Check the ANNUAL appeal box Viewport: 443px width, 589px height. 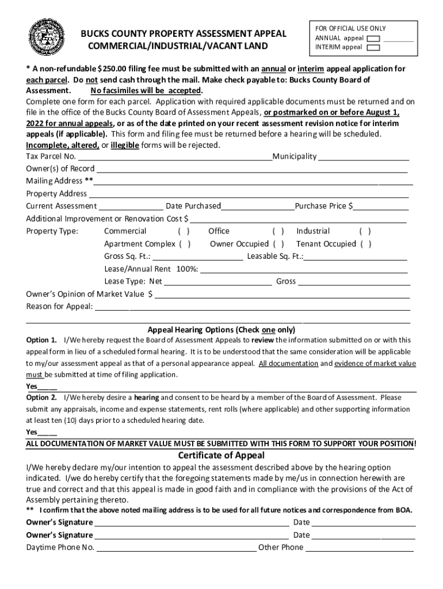click(373, 39)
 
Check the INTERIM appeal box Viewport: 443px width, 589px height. click(373, 48)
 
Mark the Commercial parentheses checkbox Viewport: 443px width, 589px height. click(184, 232)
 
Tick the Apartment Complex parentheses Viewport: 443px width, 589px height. click(185, 244)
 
